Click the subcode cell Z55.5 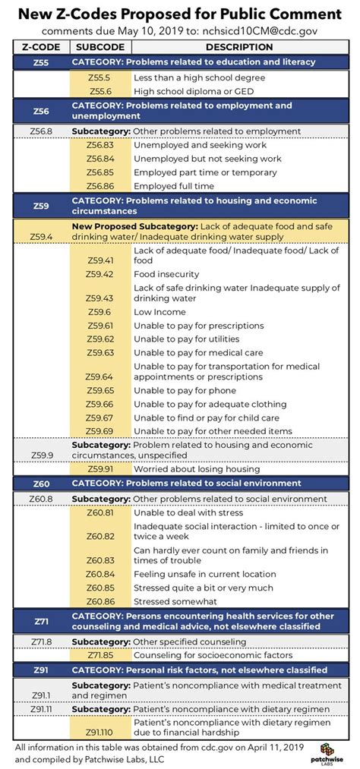99,77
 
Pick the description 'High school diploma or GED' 192,90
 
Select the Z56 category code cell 42,110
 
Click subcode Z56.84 99,159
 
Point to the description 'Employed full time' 173,185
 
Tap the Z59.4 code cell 42,237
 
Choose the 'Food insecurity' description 166,274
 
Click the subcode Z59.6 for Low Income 99,312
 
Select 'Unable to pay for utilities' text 186,339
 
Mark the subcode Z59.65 99,390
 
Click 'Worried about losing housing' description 196,468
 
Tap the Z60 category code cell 42,483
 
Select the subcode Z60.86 99,600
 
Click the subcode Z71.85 99,654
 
